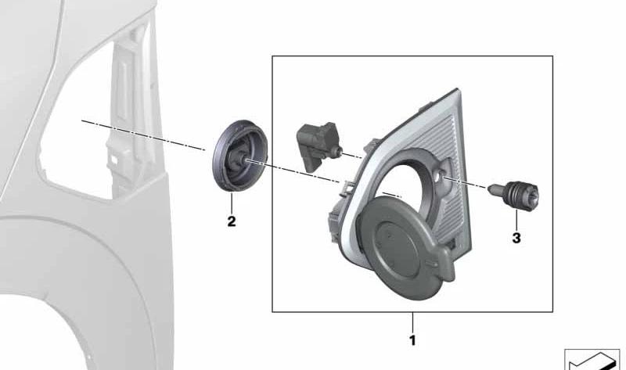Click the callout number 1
412,340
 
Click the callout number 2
232,221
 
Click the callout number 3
516,239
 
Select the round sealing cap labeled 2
239,156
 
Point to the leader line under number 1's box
413,323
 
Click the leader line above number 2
232,203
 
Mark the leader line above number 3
516,221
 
